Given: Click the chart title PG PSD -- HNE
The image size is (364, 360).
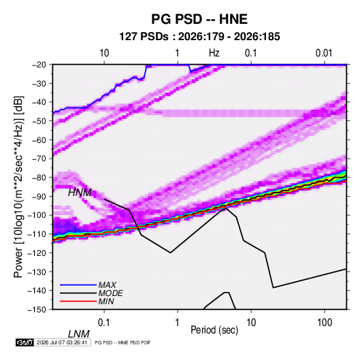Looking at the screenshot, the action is tap(199, 19).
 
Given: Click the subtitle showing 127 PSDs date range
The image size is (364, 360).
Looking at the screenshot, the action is tap(199, 37).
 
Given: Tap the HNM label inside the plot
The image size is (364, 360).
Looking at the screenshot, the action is tap(80, 193).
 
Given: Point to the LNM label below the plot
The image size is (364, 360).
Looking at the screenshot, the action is tap(79, 334).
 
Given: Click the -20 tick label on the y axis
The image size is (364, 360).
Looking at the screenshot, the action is tap(39, 65).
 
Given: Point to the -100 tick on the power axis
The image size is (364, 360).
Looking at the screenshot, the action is tap(37, 215).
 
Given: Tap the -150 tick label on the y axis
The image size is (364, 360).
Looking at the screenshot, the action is tap(37, 310).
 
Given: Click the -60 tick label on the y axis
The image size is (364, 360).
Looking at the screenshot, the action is tap(39, 140).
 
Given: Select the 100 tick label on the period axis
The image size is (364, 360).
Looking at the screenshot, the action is tap(325, 323).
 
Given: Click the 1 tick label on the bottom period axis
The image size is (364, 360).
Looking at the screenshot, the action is tap(178, 323).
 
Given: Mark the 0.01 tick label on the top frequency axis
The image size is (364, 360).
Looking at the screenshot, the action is tap(324, 53).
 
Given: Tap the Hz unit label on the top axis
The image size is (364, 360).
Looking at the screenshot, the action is tap(214, 53).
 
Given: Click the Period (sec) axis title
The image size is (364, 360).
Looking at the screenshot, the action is tap(214, 330).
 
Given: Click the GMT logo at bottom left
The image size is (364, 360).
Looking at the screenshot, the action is tap(25, 342).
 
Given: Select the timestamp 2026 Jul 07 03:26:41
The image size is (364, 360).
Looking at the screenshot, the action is tap(62, 342).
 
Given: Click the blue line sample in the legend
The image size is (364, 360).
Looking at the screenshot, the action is tap(78, 284).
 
